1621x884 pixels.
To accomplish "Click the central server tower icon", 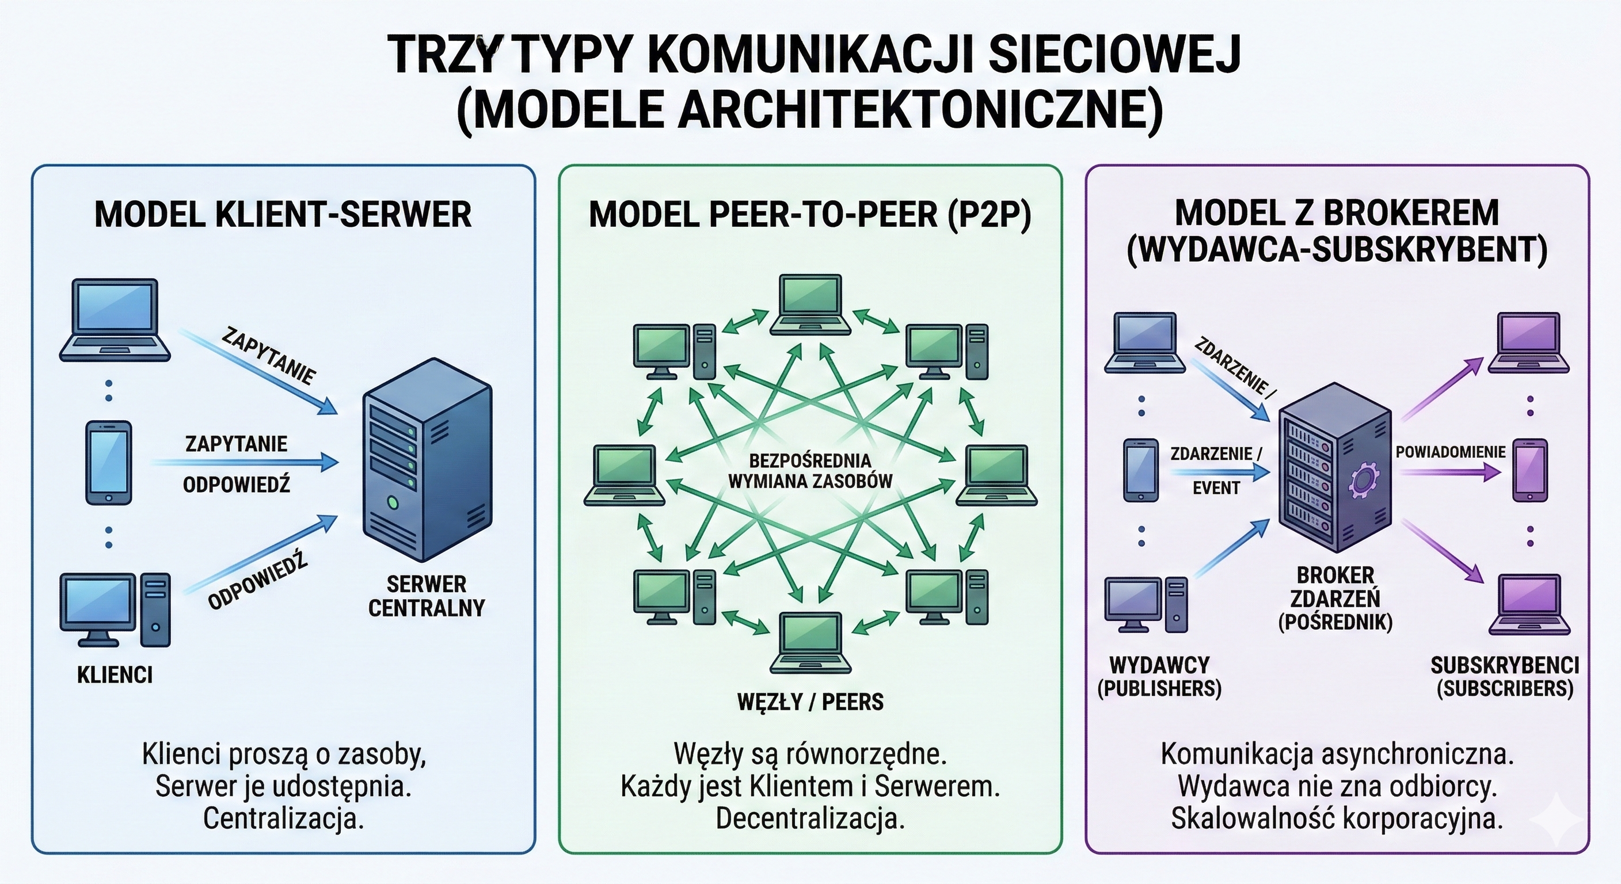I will [x=427, y=459].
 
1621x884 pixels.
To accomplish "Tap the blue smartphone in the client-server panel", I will [x=108, y=463].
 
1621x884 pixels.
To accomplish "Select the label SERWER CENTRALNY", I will [x=426, y=596].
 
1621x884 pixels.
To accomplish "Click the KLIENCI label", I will [x=115, y=675].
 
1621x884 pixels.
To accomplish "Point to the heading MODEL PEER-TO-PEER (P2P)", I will [x=810, y=215].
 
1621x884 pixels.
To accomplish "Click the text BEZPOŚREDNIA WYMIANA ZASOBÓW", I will [x=810, y=471].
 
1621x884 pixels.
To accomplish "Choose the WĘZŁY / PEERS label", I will [x=810, y=702].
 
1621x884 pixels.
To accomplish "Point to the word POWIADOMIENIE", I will [x=1450, y=452].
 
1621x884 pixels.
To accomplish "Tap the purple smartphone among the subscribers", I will [x=1529, y=470].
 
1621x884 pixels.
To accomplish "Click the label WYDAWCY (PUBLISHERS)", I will [x=1159, y=676].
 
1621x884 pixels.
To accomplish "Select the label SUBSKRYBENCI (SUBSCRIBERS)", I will [x=1505, y=676].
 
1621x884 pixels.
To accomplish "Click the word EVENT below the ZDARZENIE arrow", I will [x=1216, y=488].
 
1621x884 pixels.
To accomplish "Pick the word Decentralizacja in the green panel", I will [x=810, y=818].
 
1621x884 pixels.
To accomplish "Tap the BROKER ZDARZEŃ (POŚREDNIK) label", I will [x=1335, y=598].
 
